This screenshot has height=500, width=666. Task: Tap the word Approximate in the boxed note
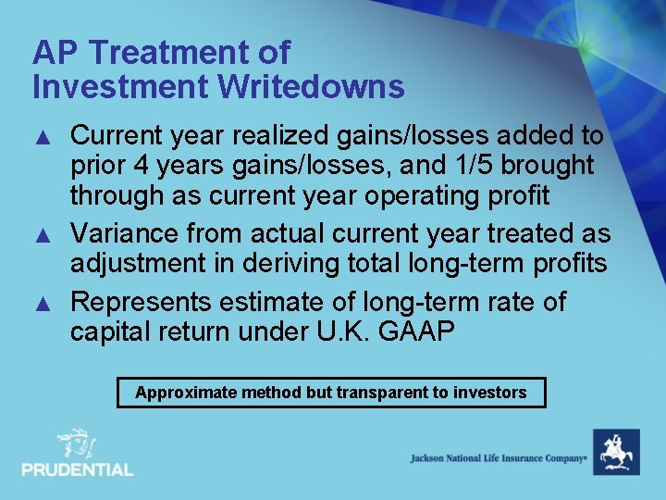tap(186, 393)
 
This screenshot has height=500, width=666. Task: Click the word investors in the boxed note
tap(489, 393)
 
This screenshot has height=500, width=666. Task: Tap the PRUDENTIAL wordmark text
tap(78, 470)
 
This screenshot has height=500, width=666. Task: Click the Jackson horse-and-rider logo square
tap(615, 453)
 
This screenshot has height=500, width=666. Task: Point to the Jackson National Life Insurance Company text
tap(499, 458)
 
